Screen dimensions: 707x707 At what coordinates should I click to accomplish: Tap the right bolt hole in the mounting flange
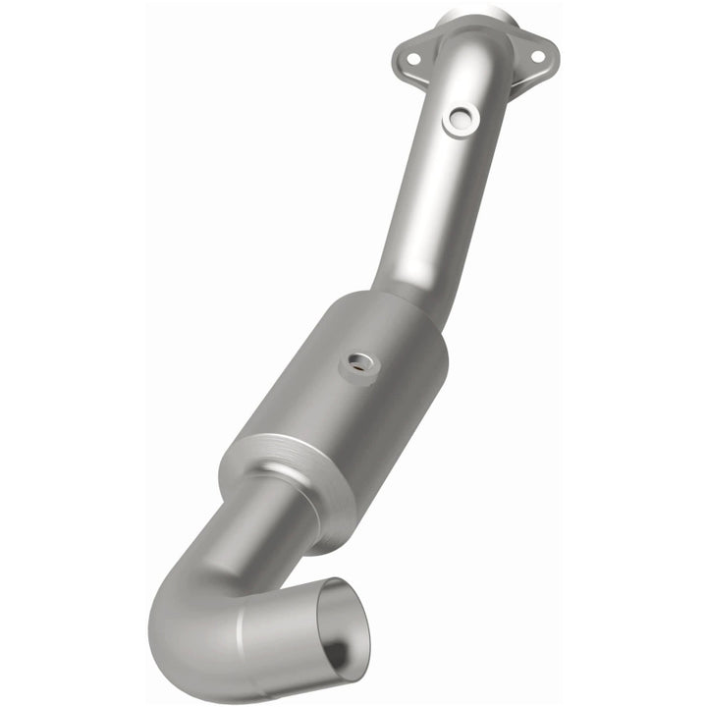tap(539, 57)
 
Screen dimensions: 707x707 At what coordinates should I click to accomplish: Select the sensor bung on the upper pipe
tap(459, 120)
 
